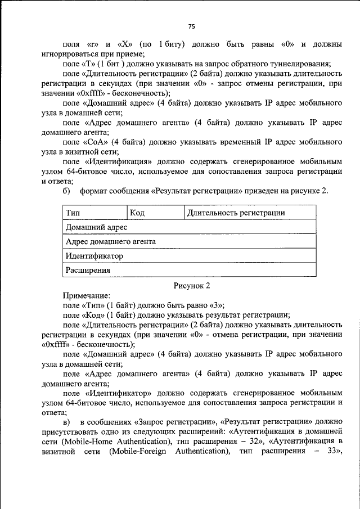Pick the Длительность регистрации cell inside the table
click(236, 213)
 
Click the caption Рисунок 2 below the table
click(191, 285)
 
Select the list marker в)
click(66, 421)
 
